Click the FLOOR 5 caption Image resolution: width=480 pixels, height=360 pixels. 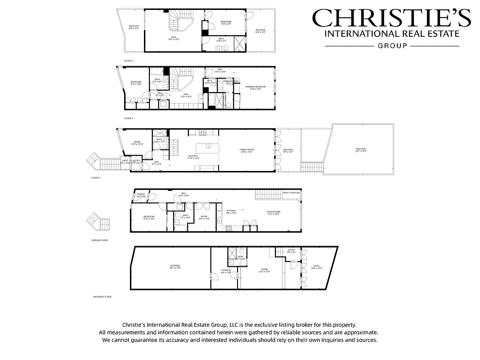[129, 60]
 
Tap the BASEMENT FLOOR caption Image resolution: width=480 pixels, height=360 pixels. [102, 297]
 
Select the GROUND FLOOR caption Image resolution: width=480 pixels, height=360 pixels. [99, 240]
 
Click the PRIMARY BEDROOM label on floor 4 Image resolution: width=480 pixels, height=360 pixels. [255, 87]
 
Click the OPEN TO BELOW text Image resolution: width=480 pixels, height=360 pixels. [291, 193]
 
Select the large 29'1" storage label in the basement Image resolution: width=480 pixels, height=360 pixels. [175, 266]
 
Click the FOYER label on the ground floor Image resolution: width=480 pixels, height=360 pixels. [141, 194]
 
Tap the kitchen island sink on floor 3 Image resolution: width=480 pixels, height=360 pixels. [208, 145]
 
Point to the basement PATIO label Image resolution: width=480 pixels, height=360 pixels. [316, 266]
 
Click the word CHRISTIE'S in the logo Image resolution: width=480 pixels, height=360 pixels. [391, 18]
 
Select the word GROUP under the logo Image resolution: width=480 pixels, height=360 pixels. [392, 45]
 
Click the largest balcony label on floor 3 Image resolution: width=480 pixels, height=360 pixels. [361, 150]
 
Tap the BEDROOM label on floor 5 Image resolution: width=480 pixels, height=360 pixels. [226, 22]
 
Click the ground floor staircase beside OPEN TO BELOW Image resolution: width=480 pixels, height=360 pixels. [266, 194]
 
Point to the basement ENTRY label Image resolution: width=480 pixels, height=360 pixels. [292, 250]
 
